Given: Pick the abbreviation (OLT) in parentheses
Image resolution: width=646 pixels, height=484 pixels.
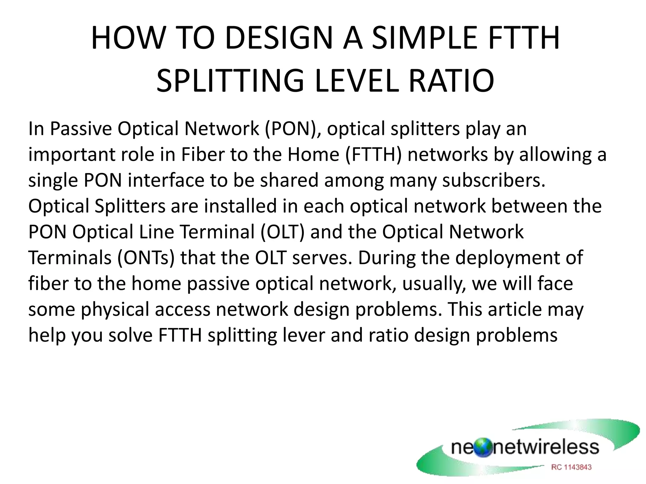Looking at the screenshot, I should [283, 232].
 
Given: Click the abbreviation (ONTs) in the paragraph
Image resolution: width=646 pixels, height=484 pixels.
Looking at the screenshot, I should [146, 258].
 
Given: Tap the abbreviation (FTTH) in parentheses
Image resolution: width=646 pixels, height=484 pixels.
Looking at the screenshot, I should [373, 154].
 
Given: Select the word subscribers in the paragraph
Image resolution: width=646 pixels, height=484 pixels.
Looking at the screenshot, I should [494, 180].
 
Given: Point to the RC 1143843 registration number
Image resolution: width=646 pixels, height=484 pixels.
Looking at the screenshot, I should [571, 467].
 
